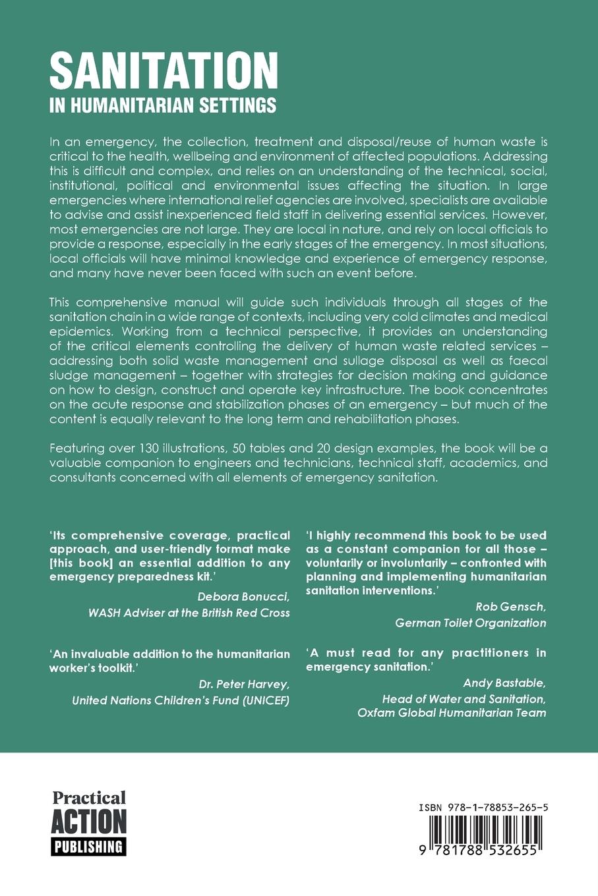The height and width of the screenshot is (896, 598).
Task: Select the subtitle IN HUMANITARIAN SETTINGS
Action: click(162, 105)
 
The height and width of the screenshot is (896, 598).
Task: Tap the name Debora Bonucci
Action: click(243, 597)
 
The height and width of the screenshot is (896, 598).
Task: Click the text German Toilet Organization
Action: click(470, 623)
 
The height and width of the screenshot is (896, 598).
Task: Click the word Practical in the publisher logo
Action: click(88, 798)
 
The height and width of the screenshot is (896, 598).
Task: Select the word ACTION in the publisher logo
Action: click(88, 822)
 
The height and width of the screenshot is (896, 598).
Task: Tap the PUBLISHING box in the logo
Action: click(88, 846)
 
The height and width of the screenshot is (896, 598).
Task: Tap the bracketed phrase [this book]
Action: click(84, 563)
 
